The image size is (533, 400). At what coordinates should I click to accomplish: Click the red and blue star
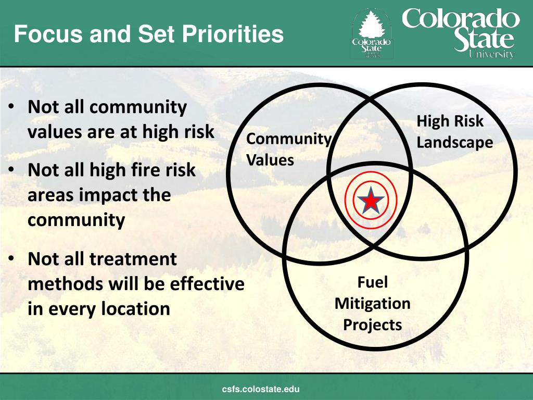tap(371, 201)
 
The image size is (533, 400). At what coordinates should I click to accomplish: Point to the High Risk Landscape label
tap(454, 132)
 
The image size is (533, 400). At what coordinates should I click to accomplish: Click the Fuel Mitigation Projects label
tap(372, 303)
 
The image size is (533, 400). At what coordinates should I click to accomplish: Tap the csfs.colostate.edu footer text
tap(261, 389)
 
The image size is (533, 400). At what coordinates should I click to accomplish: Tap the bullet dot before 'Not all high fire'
tap(11, 170)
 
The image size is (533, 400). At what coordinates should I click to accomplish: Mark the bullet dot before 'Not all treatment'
tap(11, 259)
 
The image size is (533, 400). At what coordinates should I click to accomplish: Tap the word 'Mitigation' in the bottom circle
tap(372, 303)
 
